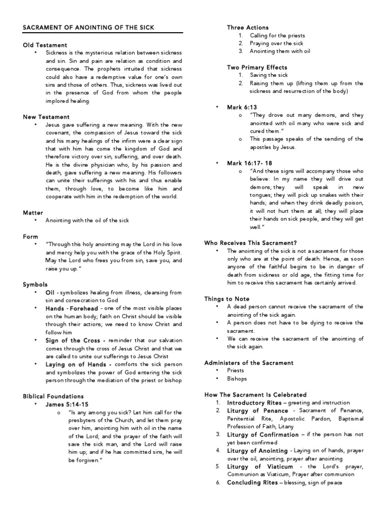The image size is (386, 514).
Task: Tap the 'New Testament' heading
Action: coord(46,117)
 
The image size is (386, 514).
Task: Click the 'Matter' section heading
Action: coord(33,213)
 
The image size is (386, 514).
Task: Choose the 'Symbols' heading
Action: coord(35,284)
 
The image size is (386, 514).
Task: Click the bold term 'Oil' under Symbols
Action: coord(50,292)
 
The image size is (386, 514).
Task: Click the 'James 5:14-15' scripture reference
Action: coord(65,404)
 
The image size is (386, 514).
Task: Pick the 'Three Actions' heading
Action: coord(248,28)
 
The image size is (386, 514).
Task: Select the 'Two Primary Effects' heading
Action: coord(257,67)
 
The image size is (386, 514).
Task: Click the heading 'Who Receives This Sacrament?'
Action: coord(250,243)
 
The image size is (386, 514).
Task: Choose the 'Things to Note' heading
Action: coord(227,299)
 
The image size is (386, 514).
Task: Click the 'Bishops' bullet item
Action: coord(238,378)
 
